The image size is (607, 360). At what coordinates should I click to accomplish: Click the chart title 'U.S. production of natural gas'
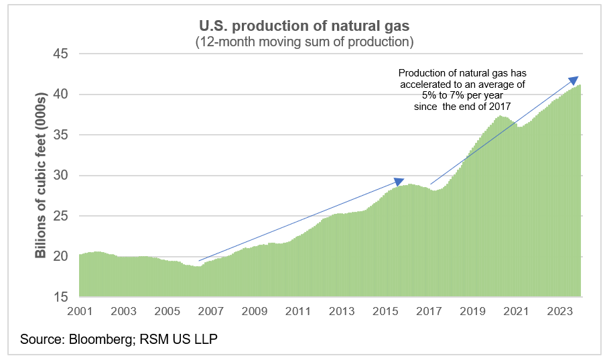click(x=303, y=25)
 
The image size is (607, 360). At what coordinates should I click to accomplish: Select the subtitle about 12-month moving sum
click(x=303, y=42)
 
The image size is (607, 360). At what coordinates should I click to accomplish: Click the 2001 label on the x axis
click(x=80, y=312)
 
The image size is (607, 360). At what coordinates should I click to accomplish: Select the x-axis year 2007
click(x=210, y=312)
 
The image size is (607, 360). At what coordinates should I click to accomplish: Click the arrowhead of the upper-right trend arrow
click(x=574, y=80)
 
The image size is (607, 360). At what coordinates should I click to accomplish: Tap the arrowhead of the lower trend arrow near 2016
click(x=400, y=181)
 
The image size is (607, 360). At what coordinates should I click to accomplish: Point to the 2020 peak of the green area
click(x=500, y=117)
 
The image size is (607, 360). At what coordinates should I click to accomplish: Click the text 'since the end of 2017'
click(x=463, y=107)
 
